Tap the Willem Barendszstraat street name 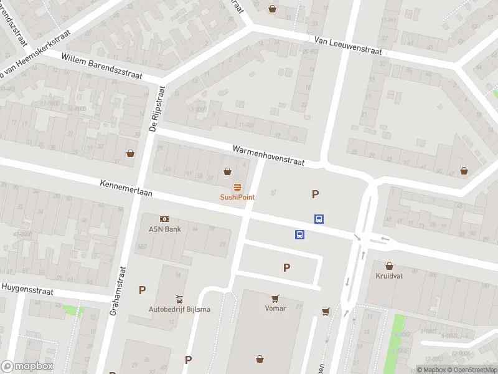pyautogui.click(x=102, y=66)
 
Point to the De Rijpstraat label pyautogui.click(x=155, y=110)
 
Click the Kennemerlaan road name pyautogui.click(x=126, y=189)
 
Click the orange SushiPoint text pyautogui.click(x=237, y=197)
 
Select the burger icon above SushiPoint pyautogui.click(x=237, y=187)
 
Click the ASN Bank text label pyautogui.click(x=164, y=229)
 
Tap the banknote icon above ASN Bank pyautogui.click(x=164, y=219)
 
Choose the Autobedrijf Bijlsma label pyautogui.click(x=179, y=309)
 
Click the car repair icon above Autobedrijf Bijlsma pyautogui.click(x=179, y=299)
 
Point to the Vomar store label pyautogui.click(x=275, y=308)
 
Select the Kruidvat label pyautogui.click(x=390, y=276)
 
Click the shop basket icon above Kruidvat pyautogui.click(x=390, y=266)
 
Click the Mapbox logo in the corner pyautogui.click(x=27, y=367)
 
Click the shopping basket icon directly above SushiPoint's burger pyautogui.click(x=228, y=171)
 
